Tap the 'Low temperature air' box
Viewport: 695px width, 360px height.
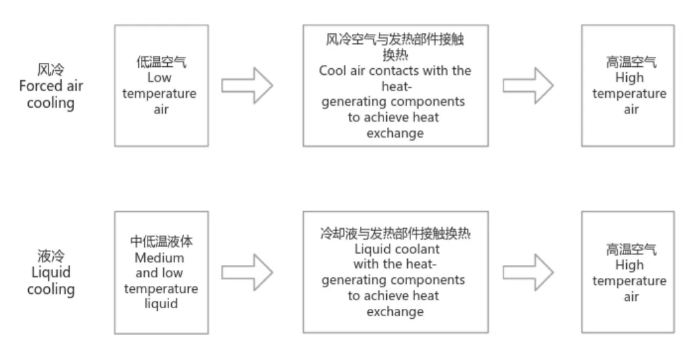161,85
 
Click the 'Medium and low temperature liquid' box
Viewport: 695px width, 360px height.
161,272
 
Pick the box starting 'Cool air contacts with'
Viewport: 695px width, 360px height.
395,85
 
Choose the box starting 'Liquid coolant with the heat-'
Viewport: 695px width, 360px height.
395,272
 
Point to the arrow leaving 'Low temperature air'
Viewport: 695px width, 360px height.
246,86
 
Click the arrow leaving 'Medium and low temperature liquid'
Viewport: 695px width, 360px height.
246,272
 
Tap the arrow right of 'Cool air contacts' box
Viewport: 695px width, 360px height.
528,86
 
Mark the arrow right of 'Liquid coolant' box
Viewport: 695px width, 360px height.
528,272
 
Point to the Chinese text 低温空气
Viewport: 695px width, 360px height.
161,63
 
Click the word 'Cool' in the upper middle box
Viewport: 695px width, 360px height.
332,71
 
